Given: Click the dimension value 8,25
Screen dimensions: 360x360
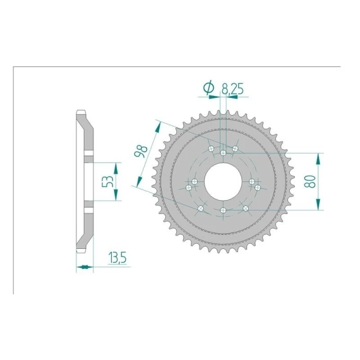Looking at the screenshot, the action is tap(232, 89).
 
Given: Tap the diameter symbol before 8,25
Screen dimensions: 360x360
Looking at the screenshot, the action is tap(209, 88).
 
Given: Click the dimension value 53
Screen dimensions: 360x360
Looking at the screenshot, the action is tap(107, 181).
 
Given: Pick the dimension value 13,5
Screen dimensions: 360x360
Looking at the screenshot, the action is tap(117, 258).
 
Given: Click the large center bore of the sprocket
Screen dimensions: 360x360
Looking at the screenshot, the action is tap(223, 181).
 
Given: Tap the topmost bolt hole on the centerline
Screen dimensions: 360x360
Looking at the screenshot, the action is tap(223, 153).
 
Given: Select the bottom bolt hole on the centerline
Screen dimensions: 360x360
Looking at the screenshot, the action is tap(223, 210).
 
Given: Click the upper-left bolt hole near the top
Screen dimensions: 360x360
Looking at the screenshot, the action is tap(211, 148).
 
